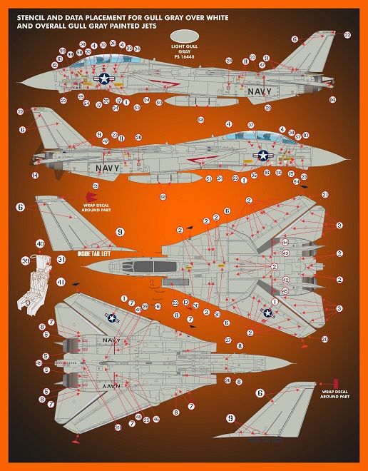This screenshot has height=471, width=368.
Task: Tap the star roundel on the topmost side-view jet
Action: coord(104,81)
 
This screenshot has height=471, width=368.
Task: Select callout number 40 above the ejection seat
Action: coord(40,244)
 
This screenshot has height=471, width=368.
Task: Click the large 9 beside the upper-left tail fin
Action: coord(120,232)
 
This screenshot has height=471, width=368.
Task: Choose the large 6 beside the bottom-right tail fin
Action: coord(260,392)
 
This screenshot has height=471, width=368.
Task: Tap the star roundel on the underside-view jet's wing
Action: coord(113,319)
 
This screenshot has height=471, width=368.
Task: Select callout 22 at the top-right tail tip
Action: coord(347,34)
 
